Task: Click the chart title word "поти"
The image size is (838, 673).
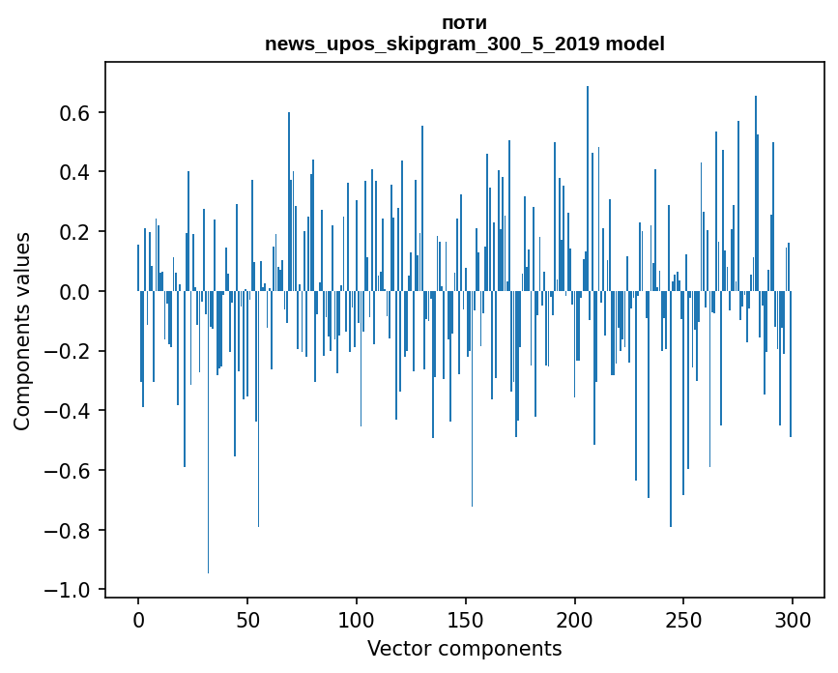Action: coord(464,23)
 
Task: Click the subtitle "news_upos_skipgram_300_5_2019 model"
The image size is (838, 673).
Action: coord(464,44)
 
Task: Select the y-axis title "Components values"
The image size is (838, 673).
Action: coord(22,331)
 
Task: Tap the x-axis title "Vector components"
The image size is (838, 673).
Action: coord(464,649)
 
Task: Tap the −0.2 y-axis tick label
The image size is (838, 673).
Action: coord(69,352)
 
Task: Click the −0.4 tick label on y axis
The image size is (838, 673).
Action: coord(69,411)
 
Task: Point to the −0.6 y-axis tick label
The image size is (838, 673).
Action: coord(69,471)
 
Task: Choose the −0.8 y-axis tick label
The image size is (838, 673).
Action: coord(69,531)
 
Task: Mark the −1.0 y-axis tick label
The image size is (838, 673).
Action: coord(69,590)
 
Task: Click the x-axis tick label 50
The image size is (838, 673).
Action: coord(247,618)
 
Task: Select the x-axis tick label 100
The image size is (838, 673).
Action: coord(357,618)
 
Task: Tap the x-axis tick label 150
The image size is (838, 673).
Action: coord(466,618)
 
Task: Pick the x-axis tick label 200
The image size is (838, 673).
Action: coord(575,618)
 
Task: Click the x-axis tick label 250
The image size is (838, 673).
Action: coord(683,618)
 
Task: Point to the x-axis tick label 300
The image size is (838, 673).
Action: coord(793,618)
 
